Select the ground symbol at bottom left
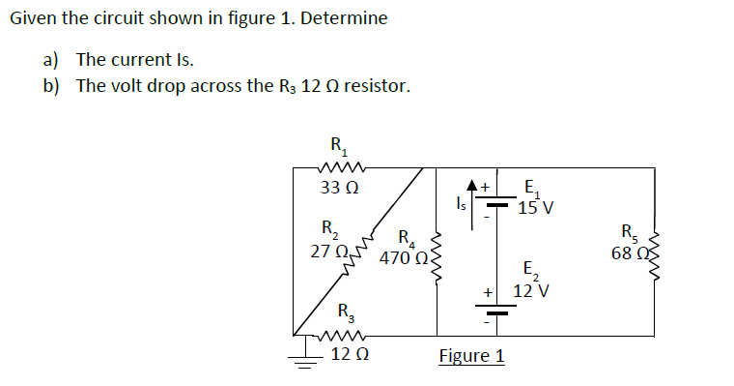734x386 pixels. coord(305,358)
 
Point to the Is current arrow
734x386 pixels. coord(473,202)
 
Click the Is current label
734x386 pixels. coord(459,204)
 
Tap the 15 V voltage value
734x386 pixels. coord(534,207)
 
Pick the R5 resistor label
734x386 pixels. coord(631,232)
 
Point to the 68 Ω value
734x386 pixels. coord(630,253)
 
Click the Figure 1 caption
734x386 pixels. coord(471,356)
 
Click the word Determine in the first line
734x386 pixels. coord(345,18)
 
